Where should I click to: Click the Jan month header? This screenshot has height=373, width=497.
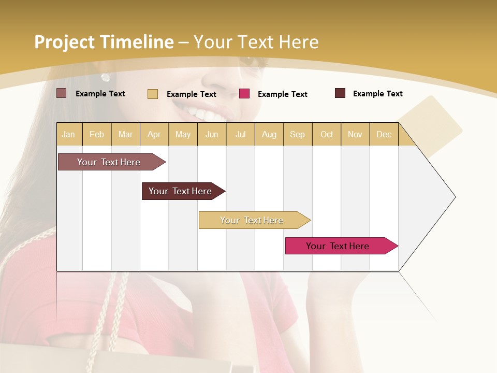click(68, 134)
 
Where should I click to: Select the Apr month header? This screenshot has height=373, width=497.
click(154, 134)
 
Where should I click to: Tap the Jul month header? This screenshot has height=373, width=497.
click(240, 134)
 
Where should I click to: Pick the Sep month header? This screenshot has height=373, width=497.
click(297, 134)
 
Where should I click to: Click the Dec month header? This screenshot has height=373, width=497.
click(384, 134)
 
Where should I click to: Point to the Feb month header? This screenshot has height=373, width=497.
click(97, 134)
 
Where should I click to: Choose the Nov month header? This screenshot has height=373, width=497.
click(355, 134)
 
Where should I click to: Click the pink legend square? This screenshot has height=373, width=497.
click(244, 94)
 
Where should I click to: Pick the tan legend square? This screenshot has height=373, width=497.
click(153, 94)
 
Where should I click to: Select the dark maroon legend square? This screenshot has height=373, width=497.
click(340, 93)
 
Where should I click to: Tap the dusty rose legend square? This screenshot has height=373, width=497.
click(62, 93)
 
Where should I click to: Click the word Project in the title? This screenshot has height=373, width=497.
click(64, 42)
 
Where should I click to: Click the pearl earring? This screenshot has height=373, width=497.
click(106, 77)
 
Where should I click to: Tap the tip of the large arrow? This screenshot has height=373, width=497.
click(455, 197)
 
